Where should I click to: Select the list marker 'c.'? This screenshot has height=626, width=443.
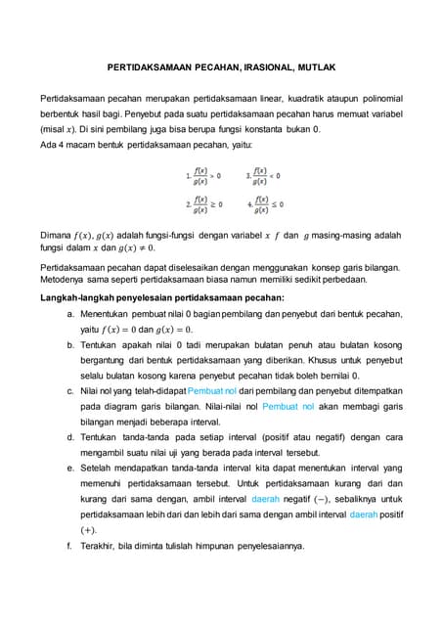(x=70, y=390)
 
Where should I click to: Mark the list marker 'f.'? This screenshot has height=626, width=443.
(x=70, y=545)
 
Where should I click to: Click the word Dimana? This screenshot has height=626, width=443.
(x=56, y=235)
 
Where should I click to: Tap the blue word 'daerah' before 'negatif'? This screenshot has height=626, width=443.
(x=266, y=498)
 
